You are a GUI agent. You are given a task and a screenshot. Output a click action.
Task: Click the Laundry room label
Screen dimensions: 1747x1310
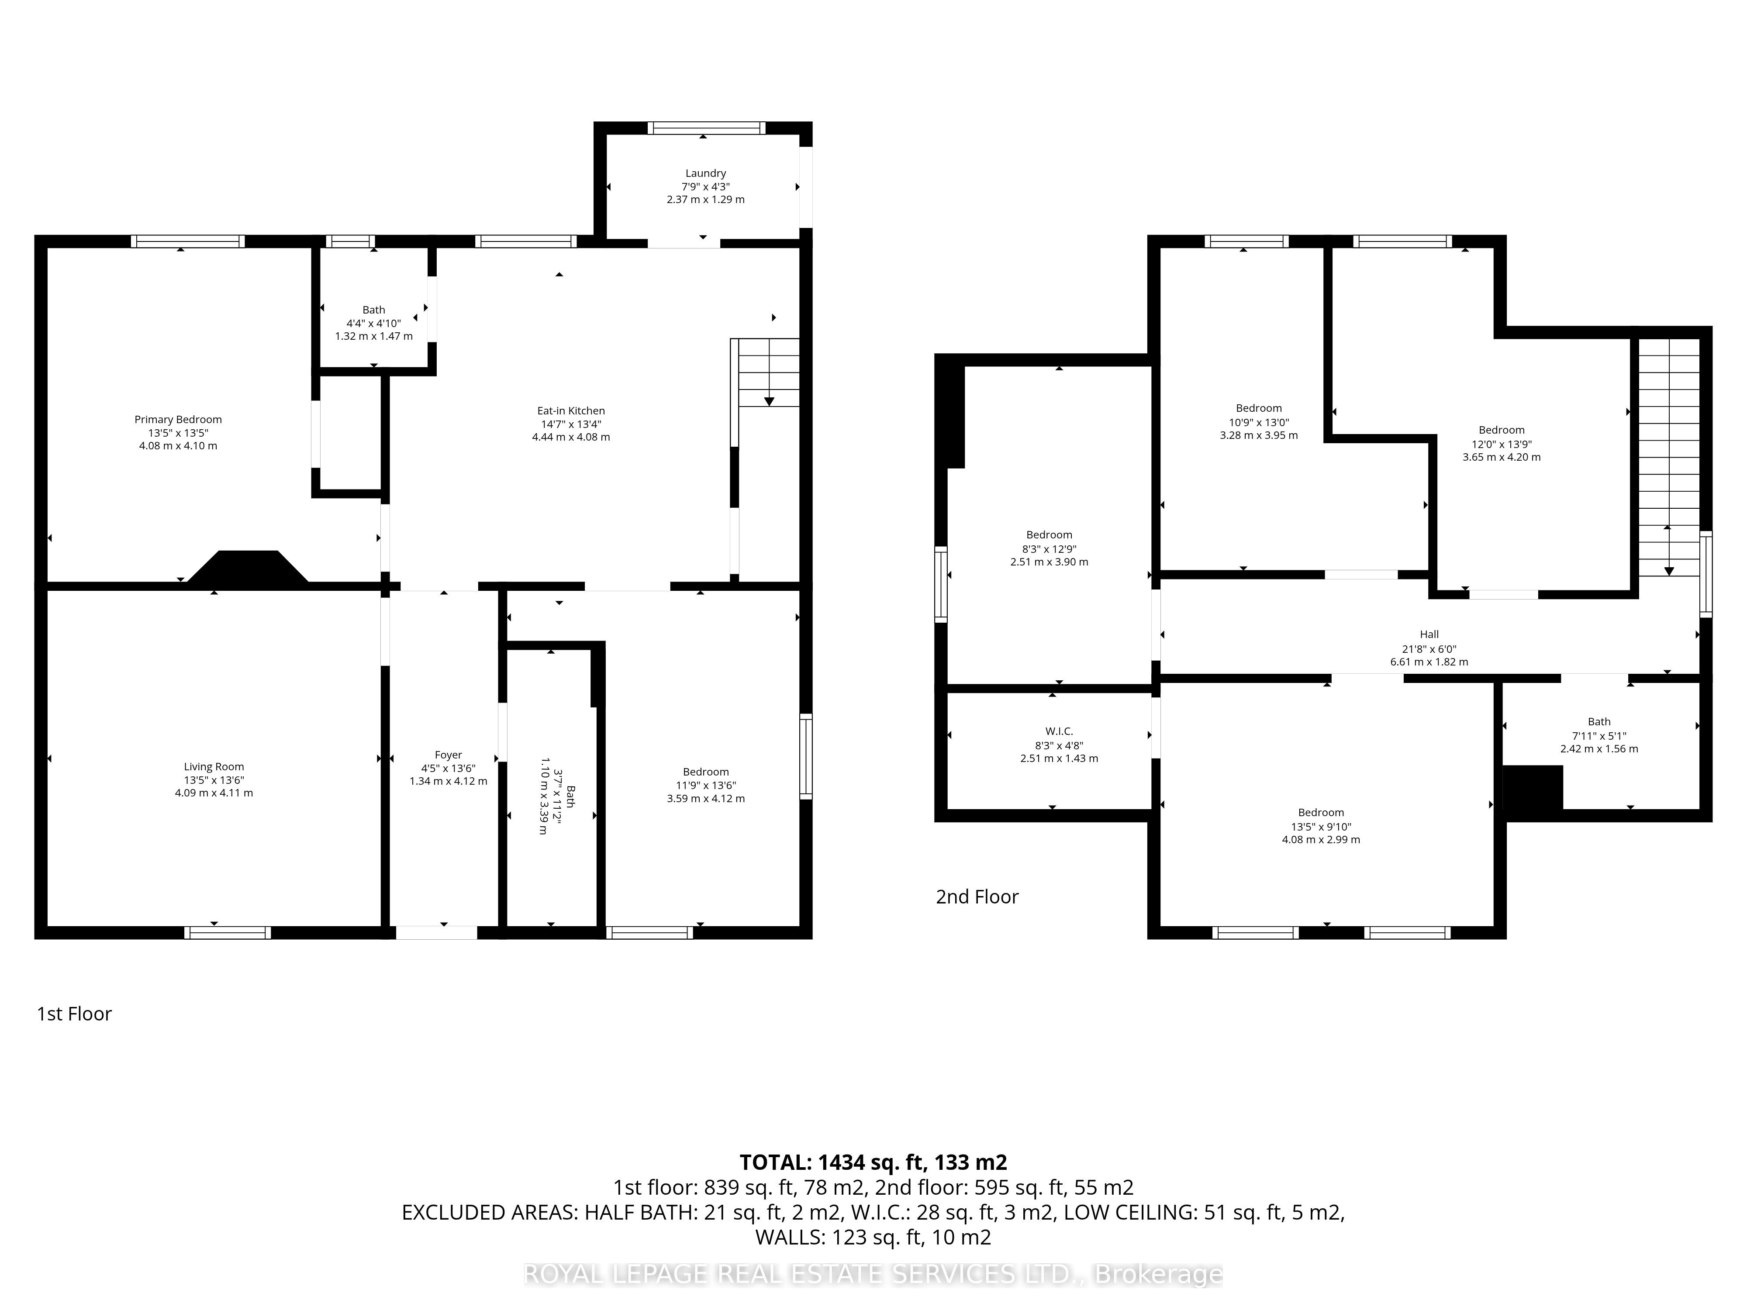(705, 173)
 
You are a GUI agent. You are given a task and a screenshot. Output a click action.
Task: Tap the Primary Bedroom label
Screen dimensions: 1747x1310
(178, 419)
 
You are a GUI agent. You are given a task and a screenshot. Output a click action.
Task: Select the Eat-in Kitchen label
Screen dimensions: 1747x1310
(571, 410)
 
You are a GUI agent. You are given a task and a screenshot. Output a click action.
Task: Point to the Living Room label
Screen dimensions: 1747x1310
(214, 767)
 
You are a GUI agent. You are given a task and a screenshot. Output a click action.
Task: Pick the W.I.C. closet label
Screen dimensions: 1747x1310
(1059, 731)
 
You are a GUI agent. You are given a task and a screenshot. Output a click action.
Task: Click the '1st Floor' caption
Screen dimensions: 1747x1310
(74, 1014)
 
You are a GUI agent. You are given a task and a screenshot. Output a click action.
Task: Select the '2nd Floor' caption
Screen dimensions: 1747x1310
(977, 897)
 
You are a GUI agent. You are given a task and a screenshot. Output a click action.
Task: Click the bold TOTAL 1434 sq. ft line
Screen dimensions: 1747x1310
(873, 1162)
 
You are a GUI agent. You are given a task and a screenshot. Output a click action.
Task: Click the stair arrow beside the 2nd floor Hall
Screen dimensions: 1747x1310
(1669, 550)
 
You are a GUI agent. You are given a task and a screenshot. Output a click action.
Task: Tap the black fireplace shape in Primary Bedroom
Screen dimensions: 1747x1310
(247, 567)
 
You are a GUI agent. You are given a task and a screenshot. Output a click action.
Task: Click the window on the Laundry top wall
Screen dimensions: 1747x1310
(707, 128)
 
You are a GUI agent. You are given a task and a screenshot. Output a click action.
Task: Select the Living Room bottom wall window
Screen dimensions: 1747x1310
(228, 933)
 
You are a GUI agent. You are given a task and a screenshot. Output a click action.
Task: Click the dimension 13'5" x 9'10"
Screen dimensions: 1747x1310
(1321, 827)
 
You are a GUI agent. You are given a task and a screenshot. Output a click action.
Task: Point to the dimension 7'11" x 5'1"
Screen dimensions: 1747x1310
(1599, 736)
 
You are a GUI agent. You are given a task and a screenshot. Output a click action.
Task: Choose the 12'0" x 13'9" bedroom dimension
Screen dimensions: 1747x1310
(1502, 444)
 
